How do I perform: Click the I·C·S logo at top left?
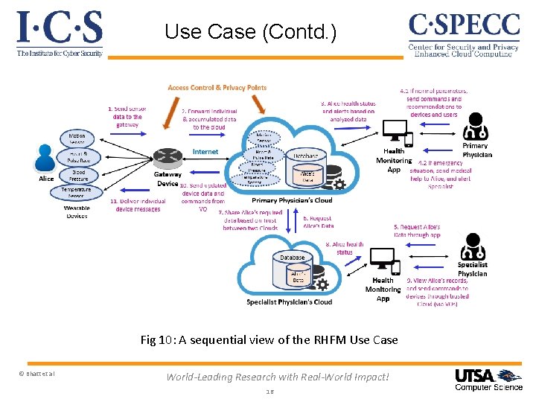tap(60, 33)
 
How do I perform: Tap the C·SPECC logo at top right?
tap(463, 34)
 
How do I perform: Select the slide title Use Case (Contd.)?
tap(250, 32)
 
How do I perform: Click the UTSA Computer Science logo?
tap(488, 379)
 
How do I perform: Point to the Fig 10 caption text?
tap(269, 339)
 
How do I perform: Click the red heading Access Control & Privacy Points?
tap(217, 88)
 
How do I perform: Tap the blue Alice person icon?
tap(46, 158)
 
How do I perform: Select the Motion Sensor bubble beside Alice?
tap(77, 139)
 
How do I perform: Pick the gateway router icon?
tap(167, 156)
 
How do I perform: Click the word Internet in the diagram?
tap(205, 152)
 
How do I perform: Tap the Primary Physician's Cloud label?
tap(292, 200)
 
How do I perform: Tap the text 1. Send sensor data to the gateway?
tap(127, 116)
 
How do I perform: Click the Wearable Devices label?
tap(77, 211)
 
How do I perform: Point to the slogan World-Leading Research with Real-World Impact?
tap(277, 377)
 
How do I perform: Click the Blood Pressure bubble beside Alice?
tap(77, 174)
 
